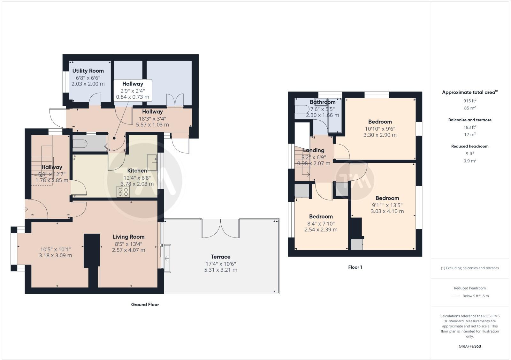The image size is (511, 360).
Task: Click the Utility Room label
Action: (x=88, y=71)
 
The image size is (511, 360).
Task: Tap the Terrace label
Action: (x=220, y=257)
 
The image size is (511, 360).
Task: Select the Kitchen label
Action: (x=137, y=171)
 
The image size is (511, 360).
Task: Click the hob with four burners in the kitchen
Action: (x=123, y=191)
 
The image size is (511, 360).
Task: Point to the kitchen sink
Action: (x=152, y=162)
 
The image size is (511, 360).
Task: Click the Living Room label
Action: (x=128, y=237)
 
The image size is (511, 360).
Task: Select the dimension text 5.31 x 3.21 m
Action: (x=220, y=270)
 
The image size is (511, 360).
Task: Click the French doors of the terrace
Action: (x=220, y=228)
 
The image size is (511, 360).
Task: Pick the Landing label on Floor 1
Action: (x=314, y=150)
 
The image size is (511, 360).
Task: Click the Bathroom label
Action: (x=322, y=102)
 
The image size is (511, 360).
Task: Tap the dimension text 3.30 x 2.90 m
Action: (x=380, y=135)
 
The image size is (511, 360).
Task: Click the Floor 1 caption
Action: (x=355, y=267)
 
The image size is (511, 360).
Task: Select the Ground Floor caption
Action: (x=145, y=304)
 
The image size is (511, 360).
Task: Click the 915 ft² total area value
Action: (x=469, y=101)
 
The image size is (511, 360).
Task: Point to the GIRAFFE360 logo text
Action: (x=469, y=346)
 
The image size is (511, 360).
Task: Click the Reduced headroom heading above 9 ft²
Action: (x=469, y=146)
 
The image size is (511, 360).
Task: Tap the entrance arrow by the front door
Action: (x=26, y=209)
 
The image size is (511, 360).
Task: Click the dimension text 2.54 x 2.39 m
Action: (x=321, y=230)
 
